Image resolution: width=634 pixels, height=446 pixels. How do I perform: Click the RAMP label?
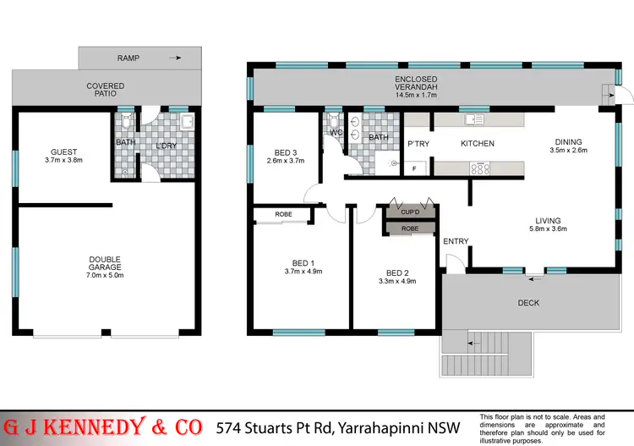[128, 58]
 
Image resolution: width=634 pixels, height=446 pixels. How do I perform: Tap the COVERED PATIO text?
[106, 91]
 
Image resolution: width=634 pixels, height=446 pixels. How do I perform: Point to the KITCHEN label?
[477, 144]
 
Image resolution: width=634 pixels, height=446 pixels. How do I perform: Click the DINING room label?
[568, 142]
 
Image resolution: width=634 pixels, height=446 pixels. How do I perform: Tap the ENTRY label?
[456, 242]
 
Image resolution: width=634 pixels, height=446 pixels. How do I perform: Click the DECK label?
[528, 303]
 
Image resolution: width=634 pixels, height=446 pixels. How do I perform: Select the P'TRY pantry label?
[419, 144]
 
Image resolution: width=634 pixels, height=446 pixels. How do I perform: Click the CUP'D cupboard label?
[410, 213]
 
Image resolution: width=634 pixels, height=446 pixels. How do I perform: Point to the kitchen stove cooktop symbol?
[481, 168]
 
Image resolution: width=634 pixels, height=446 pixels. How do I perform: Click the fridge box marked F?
[414, 168]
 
